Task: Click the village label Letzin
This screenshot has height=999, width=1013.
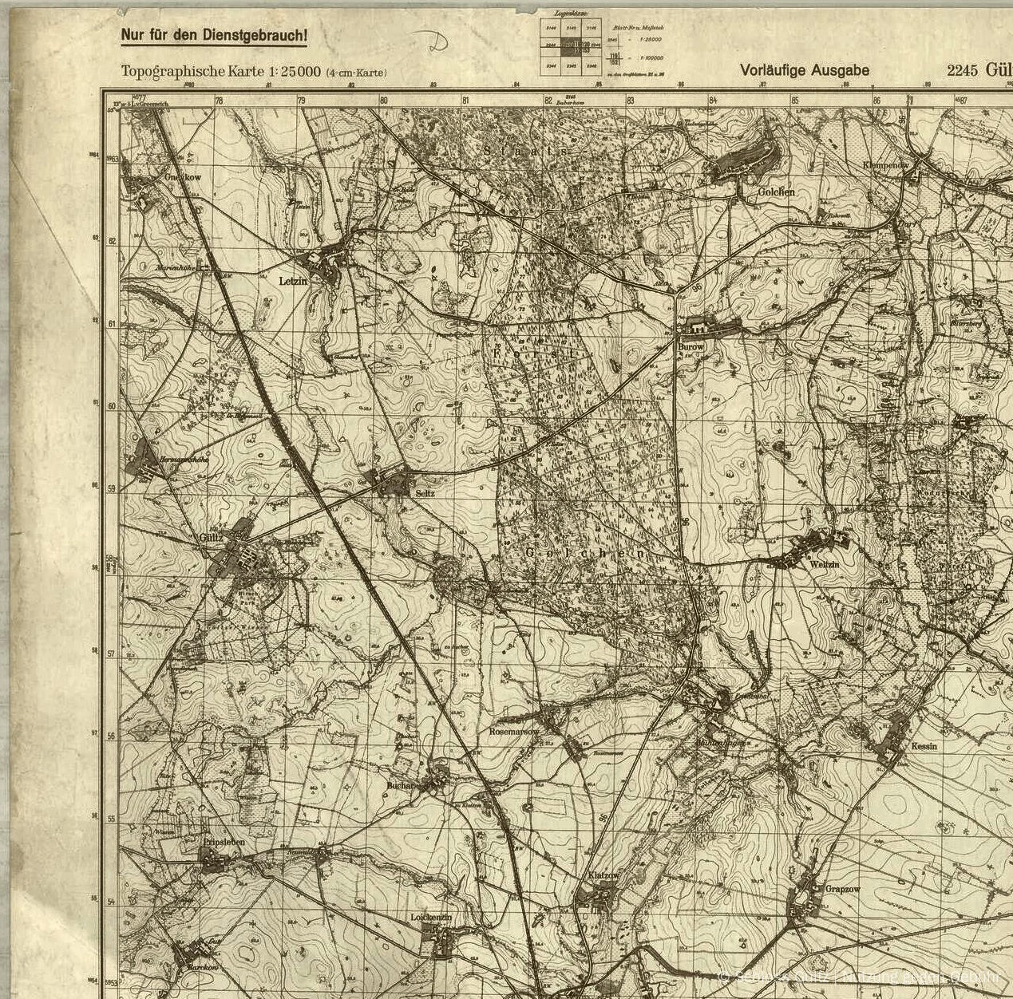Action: pos(293,281)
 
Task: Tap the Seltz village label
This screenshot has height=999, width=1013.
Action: pos(425,493)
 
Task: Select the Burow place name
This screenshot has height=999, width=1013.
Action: pos(691,347)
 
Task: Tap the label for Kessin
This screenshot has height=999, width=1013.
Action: pos(924,746)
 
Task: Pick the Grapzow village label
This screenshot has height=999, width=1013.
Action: pos(842,888)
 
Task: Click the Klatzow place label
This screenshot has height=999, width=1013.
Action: pos(603,875)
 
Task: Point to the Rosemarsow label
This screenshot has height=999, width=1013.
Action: pos(513,731)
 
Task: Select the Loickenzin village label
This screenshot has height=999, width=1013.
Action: pos(431,918)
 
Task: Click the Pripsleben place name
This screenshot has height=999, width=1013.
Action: pos(224,843)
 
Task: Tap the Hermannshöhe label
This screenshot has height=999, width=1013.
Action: pos(184,460)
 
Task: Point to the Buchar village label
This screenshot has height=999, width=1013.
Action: pos(401,785)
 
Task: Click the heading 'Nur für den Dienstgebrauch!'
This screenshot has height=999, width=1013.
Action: pos(214,36)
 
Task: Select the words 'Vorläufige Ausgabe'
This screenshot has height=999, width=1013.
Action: pos(805,70)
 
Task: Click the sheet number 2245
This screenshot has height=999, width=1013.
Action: pos(963,70)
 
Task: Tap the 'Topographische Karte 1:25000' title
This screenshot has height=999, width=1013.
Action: pos(220,72)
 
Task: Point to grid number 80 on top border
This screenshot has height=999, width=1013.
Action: pos(383,101)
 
